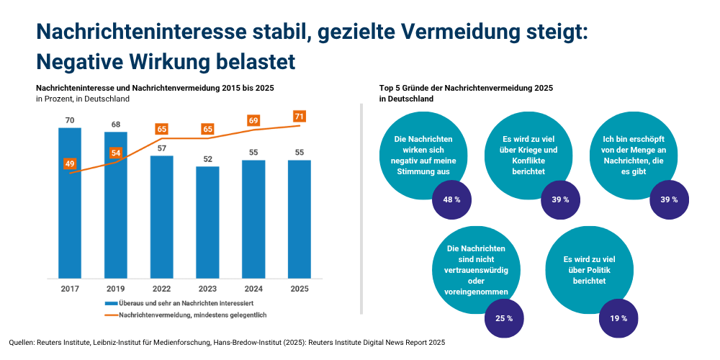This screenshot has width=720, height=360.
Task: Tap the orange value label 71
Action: [300, 116]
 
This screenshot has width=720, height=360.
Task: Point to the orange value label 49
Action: [70, 163]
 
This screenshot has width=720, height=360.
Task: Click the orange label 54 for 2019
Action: [116, 153]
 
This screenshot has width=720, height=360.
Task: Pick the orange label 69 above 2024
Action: [253, 121]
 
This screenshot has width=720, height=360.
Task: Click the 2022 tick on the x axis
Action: [162, 288]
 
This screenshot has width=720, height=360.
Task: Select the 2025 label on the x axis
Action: [300, 288]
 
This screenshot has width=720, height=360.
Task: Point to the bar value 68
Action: [116, 125]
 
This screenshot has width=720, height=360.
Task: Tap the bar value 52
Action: [207, 159]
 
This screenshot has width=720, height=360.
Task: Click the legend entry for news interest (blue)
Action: [180, 304]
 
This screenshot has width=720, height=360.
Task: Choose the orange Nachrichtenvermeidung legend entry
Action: [187, 315]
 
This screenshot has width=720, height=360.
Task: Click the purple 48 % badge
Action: [452, 199]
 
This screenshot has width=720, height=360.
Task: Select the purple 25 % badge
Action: [504, 318]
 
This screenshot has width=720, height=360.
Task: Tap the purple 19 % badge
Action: [618, 318]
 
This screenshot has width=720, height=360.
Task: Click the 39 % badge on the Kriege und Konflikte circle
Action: [561, 199]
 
